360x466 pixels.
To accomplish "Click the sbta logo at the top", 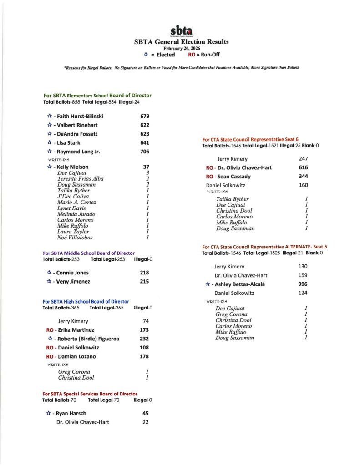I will pyautogui.click(x=181, y=31).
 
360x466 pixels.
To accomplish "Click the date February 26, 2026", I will pyautogui.click(x=181, y=48).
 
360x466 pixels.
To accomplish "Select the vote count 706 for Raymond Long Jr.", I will pyautogui.click(x=145, y=152).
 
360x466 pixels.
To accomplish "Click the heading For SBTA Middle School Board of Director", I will pyautogui.click(x=89, y=253).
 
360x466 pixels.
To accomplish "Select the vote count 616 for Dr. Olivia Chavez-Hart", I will pyautogui.click(x=304, y=167).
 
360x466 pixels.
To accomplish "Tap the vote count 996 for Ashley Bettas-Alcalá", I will pyautogui.click(x=303, y=284).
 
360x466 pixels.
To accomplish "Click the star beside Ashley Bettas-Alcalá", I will pyautogui.click(x=208, y=284).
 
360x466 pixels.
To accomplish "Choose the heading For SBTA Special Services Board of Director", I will pyautogui.click(x=90, y=394).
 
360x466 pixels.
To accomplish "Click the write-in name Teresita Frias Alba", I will pyautogui.click(x=80, y=179).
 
